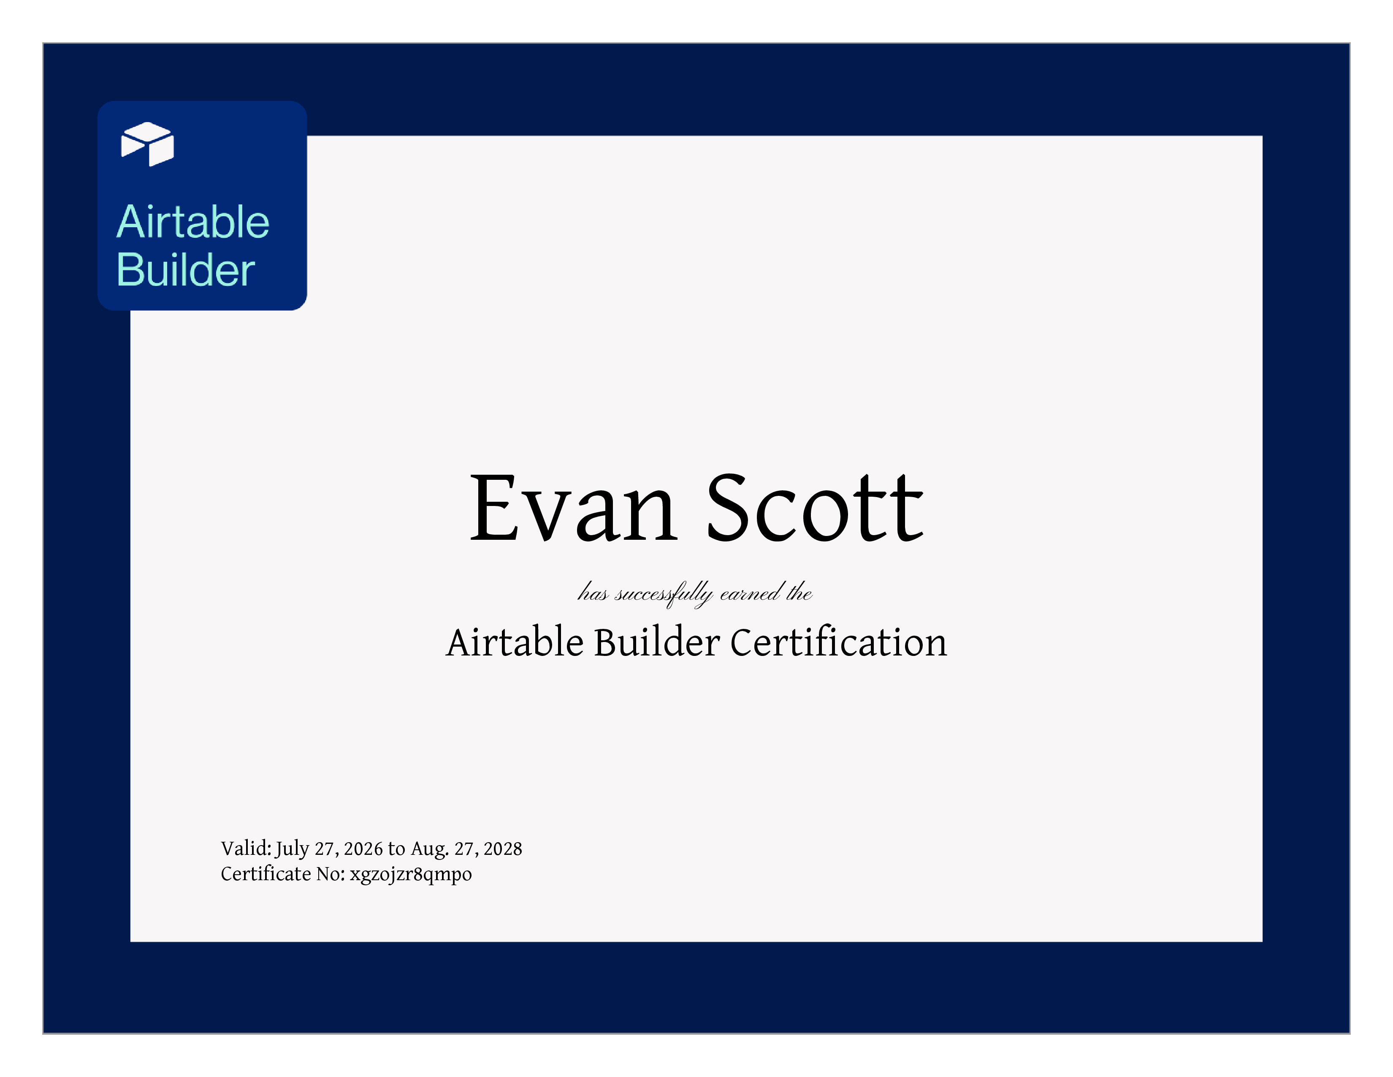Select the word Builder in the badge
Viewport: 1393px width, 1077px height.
tap(186, 269)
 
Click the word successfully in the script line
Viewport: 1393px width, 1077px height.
tap(663, 594)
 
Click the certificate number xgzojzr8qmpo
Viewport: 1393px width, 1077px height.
tap(411, 874)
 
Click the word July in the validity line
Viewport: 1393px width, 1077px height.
tap(292, 849)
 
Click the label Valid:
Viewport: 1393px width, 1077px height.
tap(246, 849)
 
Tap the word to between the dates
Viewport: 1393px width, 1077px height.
tap(396, 849)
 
